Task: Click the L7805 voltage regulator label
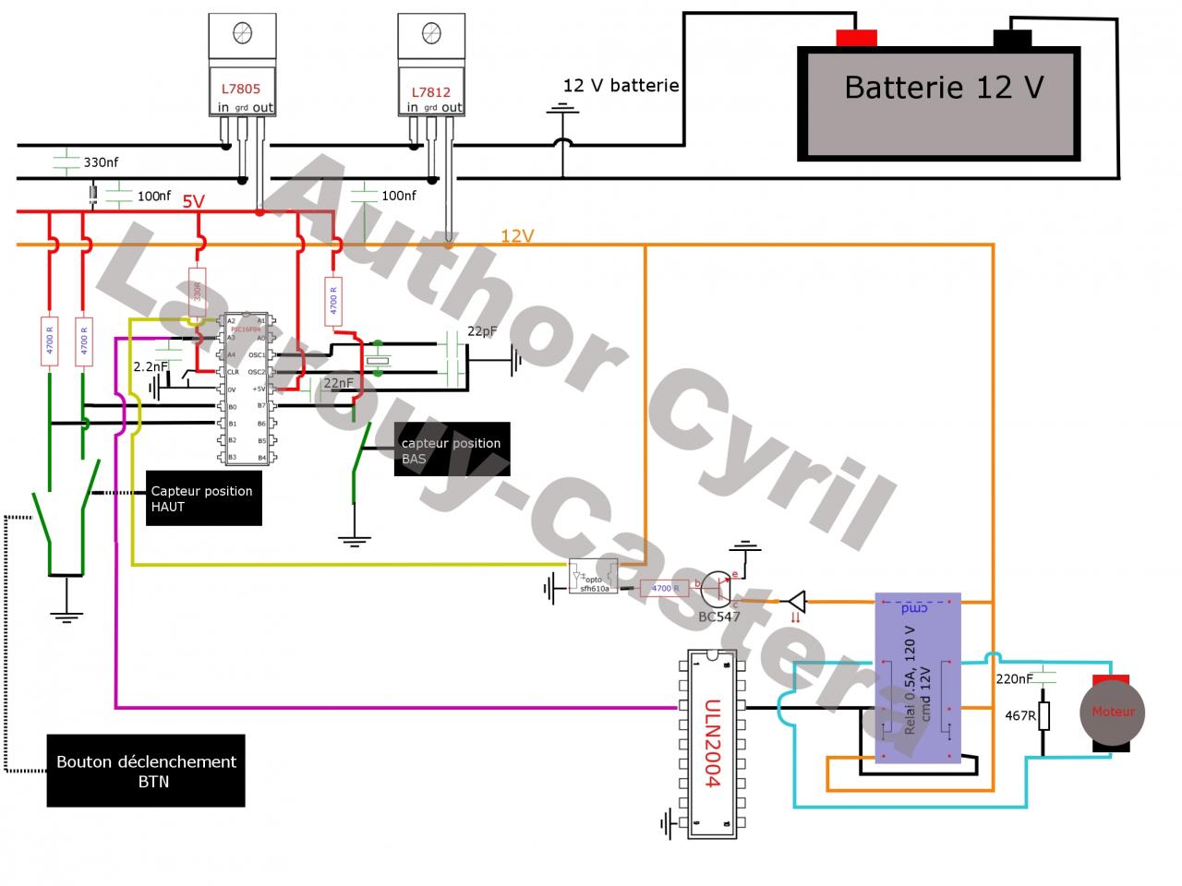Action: [x=240, y=90]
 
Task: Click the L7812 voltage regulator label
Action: [x=430, y=92]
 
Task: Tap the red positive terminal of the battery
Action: [x=855, y=38]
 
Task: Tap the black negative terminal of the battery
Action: [x=1012, y=39]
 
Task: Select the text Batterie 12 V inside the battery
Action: [x=944, y=88]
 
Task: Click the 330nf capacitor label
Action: [x=101, y=162]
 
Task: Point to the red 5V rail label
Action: [x=193, y=201]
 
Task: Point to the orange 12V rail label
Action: [x=517, y=235]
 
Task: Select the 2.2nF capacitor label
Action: [x=151, y=366]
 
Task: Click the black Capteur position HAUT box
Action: [x=204, y=498]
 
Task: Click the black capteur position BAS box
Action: [x=452, y=450]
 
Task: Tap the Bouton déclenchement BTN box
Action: [x=146, y=771]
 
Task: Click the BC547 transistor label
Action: [x=719, y=617]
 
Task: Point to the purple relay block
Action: [x=917, y=678]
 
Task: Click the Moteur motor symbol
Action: [x=1113, y=712]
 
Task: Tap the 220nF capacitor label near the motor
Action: [x=1014, y=679]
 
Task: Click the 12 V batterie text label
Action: [x=621, y=86]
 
